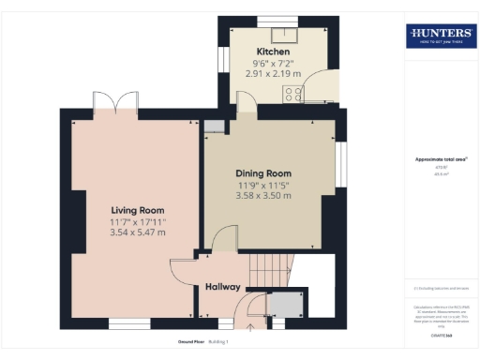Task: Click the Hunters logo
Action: pos(441,36)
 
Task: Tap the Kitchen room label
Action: pos(273,52)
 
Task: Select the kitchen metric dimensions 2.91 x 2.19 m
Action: pos(273,72)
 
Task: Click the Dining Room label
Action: pos(263,173)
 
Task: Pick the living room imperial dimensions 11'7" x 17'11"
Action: pos(138,221)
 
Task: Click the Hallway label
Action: pos(223,287)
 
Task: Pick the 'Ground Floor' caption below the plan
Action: pos(192,341)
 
